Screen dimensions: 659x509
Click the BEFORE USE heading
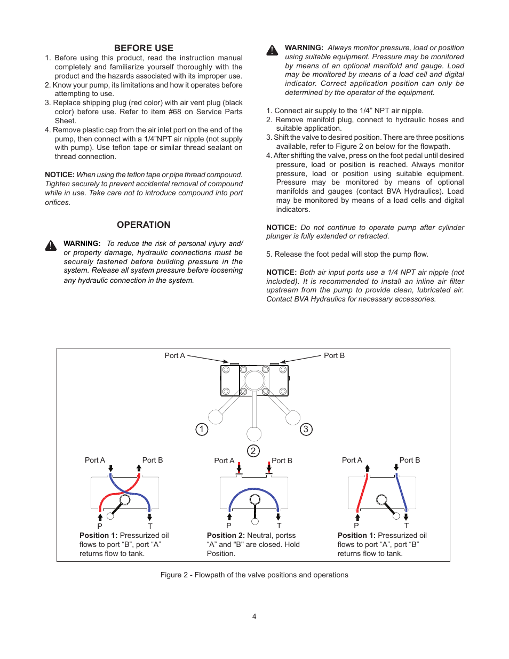point(144,48)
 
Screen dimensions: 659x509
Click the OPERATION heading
point(144,225)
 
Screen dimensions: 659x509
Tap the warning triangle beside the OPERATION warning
point(51,245)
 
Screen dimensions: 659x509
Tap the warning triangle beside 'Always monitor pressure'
point(272,50)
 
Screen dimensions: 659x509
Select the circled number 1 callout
point(202,429)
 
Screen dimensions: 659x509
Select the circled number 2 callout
point(253,451)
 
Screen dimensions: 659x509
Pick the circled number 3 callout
point(306,429)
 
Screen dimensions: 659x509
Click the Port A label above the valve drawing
point(174,355)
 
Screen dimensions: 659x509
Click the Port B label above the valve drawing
point(334,355)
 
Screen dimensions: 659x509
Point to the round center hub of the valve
point(254,380)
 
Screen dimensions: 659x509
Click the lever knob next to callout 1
point(216,417)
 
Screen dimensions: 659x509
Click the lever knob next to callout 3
point(293,417)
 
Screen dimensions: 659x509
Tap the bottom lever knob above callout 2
point(254,434)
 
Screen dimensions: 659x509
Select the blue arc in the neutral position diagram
point(254,490)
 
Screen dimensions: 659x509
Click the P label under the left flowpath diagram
point(100,526)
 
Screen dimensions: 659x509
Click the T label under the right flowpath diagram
point(407,526)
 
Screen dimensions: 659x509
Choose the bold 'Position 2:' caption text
point(226,535)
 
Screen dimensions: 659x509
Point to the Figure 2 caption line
point(254,575)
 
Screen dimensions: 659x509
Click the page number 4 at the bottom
point(254,616)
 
